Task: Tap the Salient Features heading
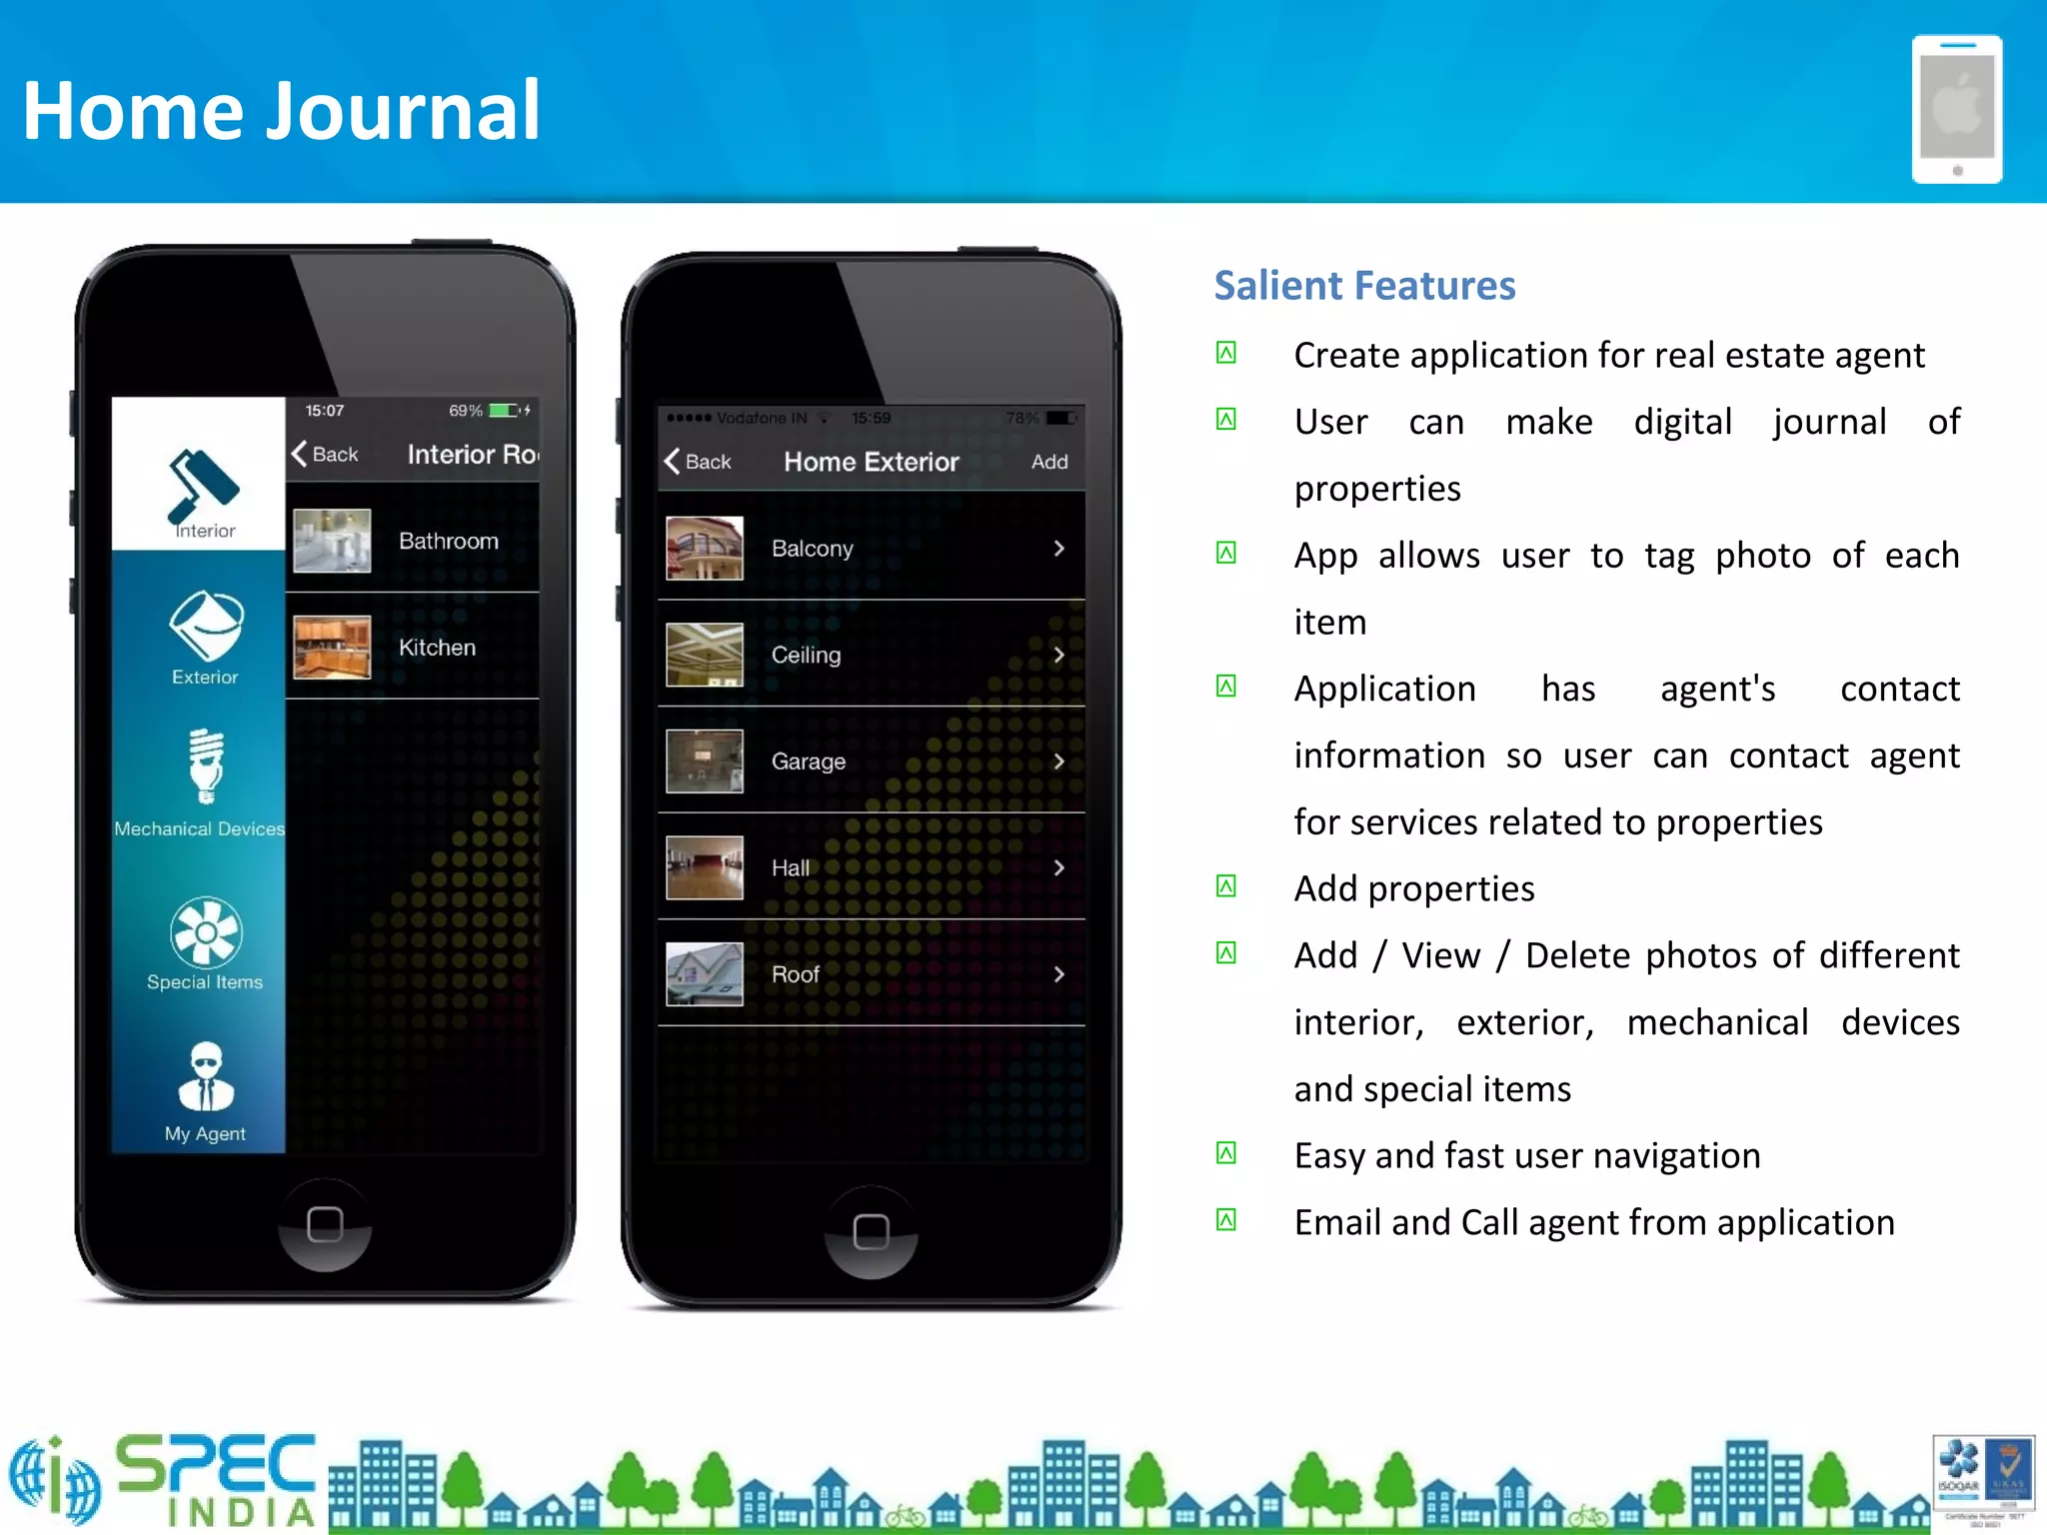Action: tap(1364, 286)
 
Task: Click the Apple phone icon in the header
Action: tap(1956, 109)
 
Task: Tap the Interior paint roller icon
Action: tap(204, 486)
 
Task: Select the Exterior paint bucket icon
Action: tap(206, 626)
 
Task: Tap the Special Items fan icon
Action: tap(206, 932)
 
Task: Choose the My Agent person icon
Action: tap(206, 1077)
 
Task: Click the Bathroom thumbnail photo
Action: tap(332, 541)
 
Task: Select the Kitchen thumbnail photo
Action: tap(332, 648)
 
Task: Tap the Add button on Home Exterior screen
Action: tap(1049, 462)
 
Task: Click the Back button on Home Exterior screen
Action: tap(698, 462)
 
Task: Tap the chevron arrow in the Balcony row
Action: tap(1058, 549)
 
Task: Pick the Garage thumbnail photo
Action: tap(705, 762)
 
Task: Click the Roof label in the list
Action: tap(796, 974)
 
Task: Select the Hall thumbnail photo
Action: tap(705, 867)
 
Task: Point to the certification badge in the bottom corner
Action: tap(1984, 1480)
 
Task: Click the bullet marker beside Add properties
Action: tap(1226, 886)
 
